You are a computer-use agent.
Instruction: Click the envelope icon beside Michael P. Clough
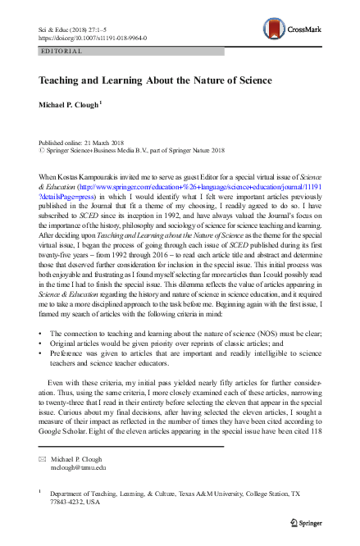pyautogui.click(x=43, y=459)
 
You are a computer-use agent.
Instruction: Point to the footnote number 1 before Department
pyautogui.click(x=41, y=493)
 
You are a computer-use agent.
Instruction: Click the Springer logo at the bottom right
pyautogui.click(x=305, y=520)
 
